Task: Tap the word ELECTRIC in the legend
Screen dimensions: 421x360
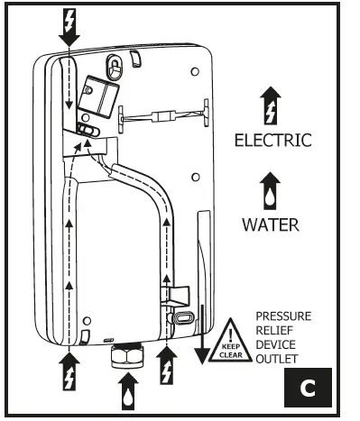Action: [272, 141]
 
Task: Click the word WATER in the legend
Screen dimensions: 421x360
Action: [270, 224]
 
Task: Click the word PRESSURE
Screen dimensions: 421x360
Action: [283, 317]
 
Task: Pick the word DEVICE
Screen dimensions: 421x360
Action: [276, 344]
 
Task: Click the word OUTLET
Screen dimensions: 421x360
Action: [278, 358]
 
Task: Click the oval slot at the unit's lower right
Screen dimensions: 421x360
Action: [179, 316]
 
